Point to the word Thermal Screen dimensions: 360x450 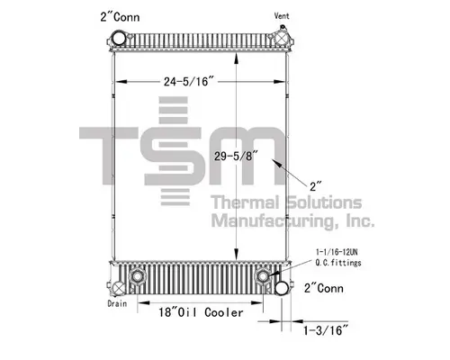click(x=238, y=202)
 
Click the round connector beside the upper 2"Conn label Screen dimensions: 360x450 click(x=116, y=40)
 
